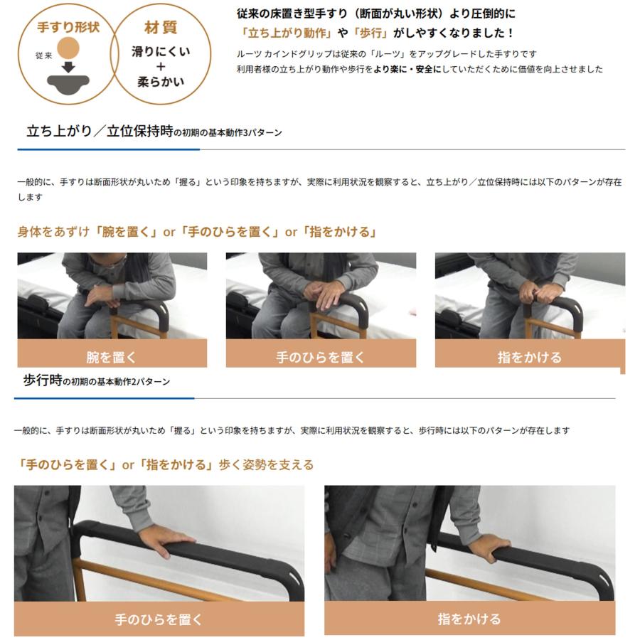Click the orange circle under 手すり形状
point(69,48)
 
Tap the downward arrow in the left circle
point(69,68)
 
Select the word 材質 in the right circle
point(161,28)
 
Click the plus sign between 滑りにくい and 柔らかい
point(161,66)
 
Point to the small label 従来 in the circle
point(43,55)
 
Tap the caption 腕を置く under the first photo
point(112,357)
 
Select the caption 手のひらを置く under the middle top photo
point(320,357)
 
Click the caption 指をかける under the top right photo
point(529,357)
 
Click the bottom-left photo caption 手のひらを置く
point(159,619)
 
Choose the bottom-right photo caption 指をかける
point(469,619)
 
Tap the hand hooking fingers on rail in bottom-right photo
point(490,547)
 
